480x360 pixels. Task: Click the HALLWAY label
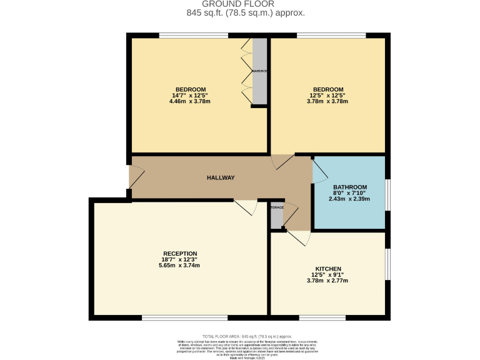[x=221, y=178]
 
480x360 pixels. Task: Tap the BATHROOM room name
[x=349, y=187]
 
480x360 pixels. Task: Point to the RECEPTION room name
[x=180, y=253]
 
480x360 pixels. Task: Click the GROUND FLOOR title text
[x=239, y=4]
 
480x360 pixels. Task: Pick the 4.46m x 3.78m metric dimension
[x=190, y=101]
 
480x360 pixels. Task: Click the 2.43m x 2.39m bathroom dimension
[x=349, y=199]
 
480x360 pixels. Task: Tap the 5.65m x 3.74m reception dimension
[x=180, y=266]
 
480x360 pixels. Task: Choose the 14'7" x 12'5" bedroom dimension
[x=190, y=95]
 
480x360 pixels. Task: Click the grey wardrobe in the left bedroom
[x=259, y=71]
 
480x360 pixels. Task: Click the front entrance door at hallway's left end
[x=136, y=176]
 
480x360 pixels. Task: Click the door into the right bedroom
[x=282, y=161]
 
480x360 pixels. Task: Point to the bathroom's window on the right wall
[x=387, y=195]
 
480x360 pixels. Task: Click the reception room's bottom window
[x=173, y=318]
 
